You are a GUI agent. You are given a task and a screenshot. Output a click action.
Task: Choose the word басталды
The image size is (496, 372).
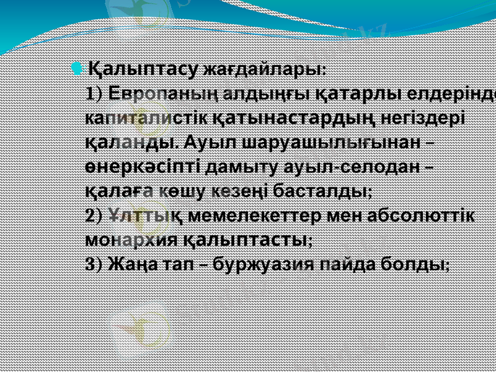click(x=330, y=190)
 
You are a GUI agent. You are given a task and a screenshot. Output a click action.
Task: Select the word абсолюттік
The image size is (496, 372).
click(x=422, y=215)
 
